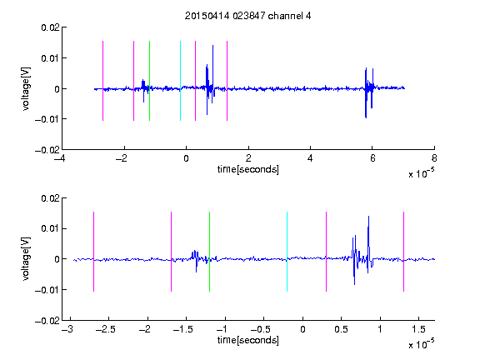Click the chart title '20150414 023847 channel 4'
(x=247, y=16)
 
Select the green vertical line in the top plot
(x=149, y=81)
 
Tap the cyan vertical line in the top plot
(x=180, y=81)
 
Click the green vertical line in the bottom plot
(x=209, y=252)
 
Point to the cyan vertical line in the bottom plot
(x=287, y=252)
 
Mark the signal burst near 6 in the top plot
(x=369, y=92)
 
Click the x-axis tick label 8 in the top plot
(x=434, y=158)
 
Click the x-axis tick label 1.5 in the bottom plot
(x=418, y=329)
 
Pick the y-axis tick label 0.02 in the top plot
(x=51, y=27)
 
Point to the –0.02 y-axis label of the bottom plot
(x=47, y=321)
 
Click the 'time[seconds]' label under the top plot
(x=248, y=169)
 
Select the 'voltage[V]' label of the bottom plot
(x=27, y=259)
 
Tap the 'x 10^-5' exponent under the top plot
(x=421, y=173)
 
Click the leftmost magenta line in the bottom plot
(x=93, y=252)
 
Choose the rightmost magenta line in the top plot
(x=227, y=81)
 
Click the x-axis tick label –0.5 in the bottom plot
(x=261, y=329)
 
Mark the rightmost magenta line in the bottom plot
(x=403, y=252)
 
